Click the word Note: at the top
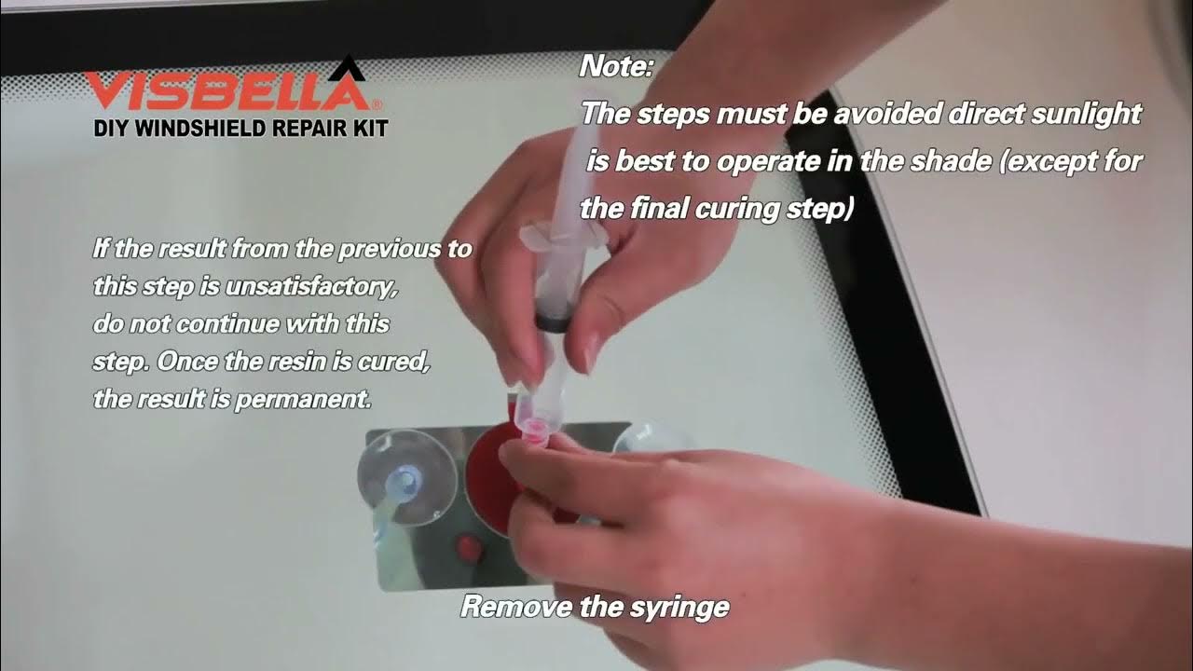pyautogui.click(x=616, y=67)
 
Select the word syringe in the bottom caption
pyautogui.click(x=679, y=609)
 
